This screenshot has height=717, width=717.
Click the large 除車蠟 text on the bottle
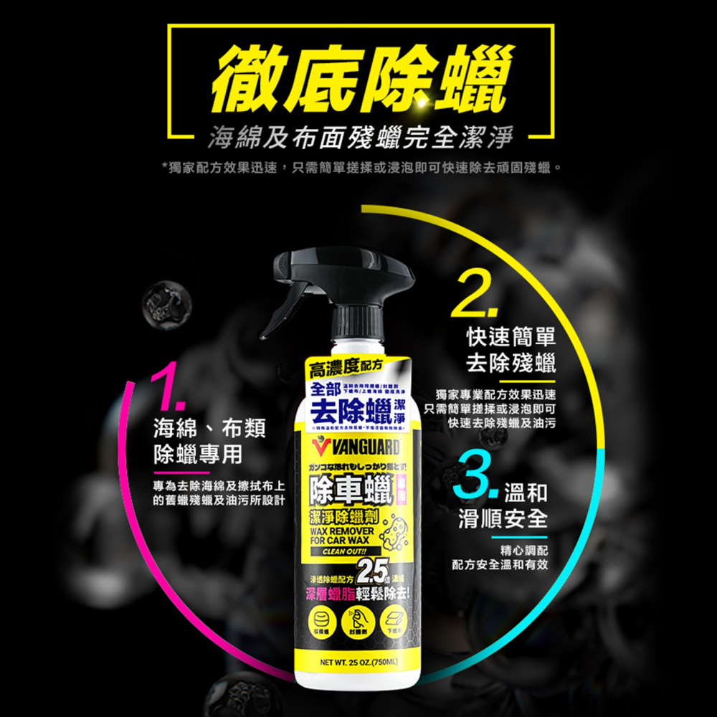tap(348, 493)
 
